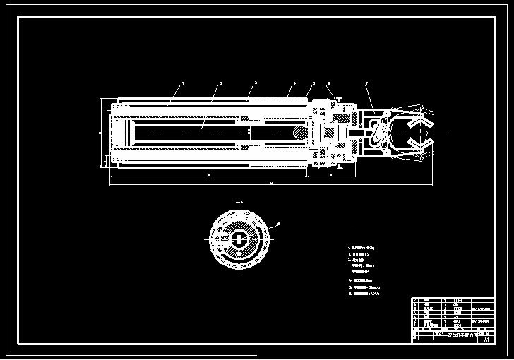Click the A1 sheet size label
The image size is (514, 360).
point(485,340)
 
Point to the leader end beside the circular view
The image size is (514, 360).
point(277,224)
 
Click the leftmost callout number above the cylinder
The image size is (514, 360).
point(182,83)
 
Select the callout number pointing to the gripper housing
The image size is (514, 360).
point(367,83)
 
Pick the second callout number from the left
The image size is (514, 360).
point(220,83)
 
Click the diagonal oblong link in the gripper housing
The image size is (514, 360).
point(381,131)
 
